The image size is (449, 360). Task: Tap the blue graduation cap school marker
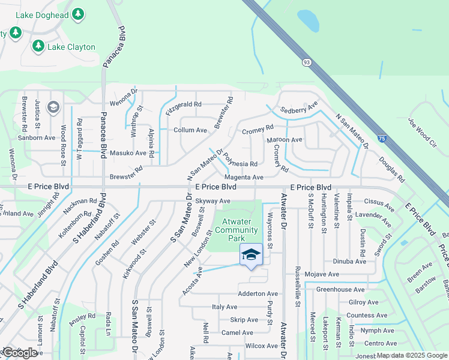[x=251, y=254]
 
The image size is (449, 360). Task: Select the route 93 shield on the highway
[x=307, y=61]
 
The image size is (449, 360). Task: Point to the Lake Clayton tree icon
[x=38, y=46]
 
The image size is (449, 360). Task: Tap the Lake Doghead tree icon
[x=77, y=13]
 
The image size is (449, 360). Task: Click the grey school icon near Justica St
[x=52, y=107]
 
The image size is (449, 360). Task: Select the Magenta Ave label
[x=244, y=178]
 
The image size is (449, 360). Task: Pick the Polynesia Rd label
[x=240, y=161]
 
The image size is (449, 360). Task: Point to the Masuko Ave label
[x=128, y=153]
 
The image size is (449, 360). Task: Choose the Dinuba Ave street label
[x=349, y=262]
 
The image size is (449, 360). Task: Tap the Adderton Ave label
[x=258, y=293]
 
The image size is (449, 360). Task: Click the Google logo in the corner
[x=19, y=353]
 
